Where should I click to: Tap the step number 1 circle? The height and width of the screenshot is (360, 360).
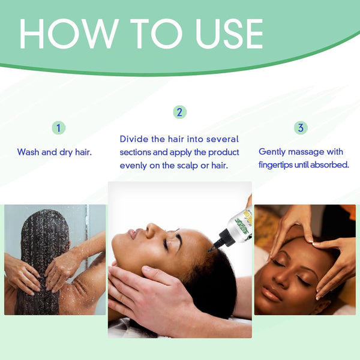(x=58, y=128)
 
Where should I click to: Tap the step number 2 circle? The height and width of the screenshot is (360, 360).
(x=179, y=112)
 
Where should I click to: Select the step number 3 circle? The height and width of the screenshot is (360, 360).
(x=301, y=128)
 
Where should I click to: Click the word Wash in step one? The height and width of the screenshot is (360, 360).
(x=28, y=152)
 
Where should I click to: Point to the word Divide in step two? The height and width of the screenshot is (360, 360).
(x=134, y=139)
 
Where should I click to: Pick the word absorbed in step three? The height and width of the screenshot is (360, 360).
(x=332, y=165)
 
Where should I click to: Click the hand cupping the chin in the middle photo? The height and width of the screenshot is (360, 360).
(x=135, y=282)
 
